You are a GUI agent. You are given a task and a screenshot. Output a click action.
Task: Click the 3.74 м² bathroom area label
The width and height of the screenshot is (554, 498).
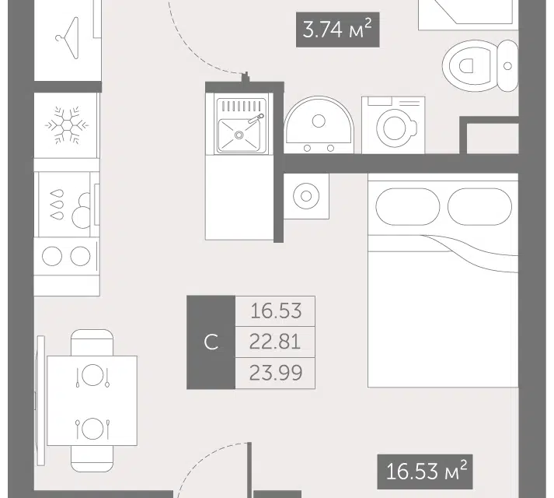[337, 30]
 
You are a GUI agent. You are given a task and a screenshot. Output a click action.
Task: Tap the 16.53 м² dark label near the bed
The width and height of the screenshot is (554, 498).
[425, 472]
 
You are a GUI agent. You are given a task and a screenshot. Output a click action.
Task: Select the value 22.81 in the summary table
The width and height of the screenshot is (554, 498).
[275, 342]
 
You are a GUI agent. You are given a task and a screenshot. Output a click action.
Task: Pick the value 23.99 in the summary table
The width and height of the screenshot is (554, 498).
[276, 373]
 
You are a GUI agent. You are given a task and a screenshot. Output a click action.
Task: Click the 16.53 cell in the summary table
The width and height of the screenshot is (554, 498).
[276, 310]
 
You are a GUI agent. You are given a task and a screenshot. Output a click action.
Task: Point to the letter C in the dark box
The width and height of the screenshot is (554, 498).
[211, 342]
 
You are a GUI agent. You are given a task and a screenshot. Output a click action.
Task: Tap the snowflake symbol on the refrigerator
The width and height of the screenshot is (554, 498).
[66, 125]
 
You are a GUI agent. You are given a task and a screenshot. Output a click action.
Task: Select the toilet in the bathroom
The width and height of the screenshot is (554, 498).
[480, 66]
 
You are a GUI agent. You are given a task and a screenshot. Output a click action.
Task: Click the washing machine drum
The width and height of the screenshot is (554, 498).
[394, 128]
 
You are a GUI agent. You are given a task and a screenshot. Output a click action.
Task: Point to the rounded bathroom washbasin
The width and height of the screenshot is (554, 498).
[319, 124]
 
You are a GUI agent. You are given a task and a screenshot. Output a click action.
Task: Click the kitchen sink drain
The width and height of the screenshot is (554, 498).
[239, 135]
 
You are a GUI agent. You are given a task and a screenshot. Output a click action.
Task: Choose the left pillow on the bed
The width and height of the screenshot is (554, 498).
[407, 206]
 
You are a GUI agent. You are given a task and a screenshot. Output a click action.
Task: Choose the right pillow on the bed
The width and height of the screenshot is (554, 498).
[479, 206]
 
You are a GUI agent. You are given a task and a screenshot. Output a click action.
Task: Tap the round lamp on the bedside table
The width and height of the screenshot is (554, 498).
[306, 196]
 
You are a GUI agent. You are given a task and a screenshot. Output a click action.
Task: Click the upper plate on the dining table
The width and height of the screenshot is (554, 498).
[92, 375]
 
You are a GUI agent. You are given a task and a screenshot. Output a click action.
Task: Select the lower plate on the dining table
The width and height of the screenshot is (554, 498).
[92, 428]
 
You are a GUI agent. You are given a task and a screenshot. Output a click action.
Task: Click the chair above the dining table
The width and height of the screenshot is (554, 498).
[92, 342]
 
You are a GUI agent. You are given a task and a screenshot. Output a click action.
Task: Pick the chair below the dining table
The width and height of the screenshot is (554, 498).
[92, 459]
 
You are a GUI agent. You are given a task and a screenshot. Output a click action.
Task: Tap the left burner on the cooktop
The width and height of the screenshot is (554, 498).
[52, 256]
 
